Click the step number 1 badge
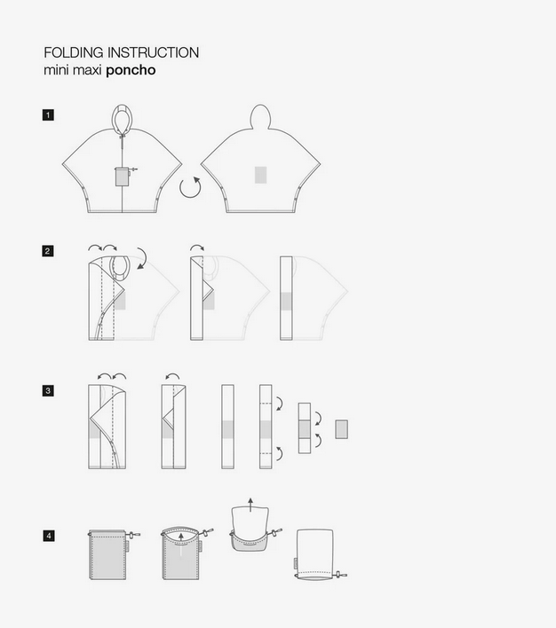(48, 115)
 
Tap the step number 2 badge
(48, 251)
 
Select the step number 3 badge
(48, 390)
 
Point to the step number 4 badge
(49, 536)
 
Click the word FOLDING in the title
(74, 52)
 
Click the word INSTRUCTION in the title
(154, 52)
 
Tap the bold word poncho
(131, 70)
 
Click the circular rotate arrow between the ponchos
(190, 187)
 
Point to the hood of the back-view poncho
(261, 116)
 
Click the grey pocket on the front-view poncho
(122, 177)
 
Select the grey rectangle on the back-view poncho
(261, 175)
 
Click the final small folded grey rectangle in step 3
(342, 429)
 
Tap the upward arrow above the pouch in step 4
(250, 505)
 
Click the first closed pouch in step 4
(108, 554)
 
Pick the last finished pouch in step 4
(315, 554)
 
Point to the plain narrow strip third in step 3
(228, 427)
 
